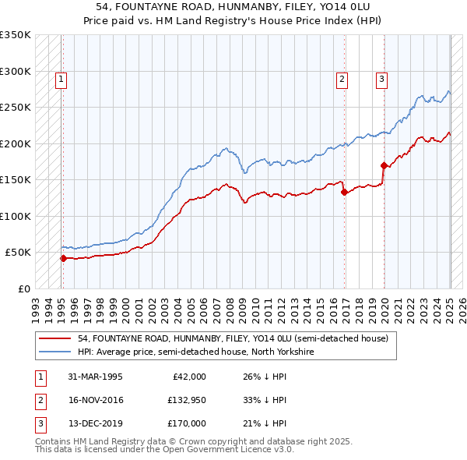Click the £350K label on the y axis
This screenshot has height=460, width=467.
(x=16, y=35)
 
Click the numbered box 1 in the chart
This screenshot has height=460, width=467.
(x=61, y=78)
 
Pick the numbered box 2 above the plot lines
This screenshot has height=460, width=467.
(x=341, y=78)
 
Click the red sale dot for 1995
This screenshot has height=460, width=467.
(x=63, y=258)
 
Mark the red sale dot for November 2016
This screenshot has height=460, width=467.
(x=344, y=193)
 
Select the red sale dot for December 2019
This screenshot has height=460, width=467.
(x=384, y=165)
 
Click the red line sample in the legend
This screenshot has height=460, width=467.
(x=55, y=338)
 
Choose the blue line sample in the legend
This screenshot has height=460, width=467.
(x=55, y=352)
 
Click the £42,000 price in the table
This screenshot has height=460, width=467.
(x=189, y=377)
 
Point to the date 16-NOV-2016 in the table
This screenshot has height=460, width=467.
(x=95, y=400)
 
